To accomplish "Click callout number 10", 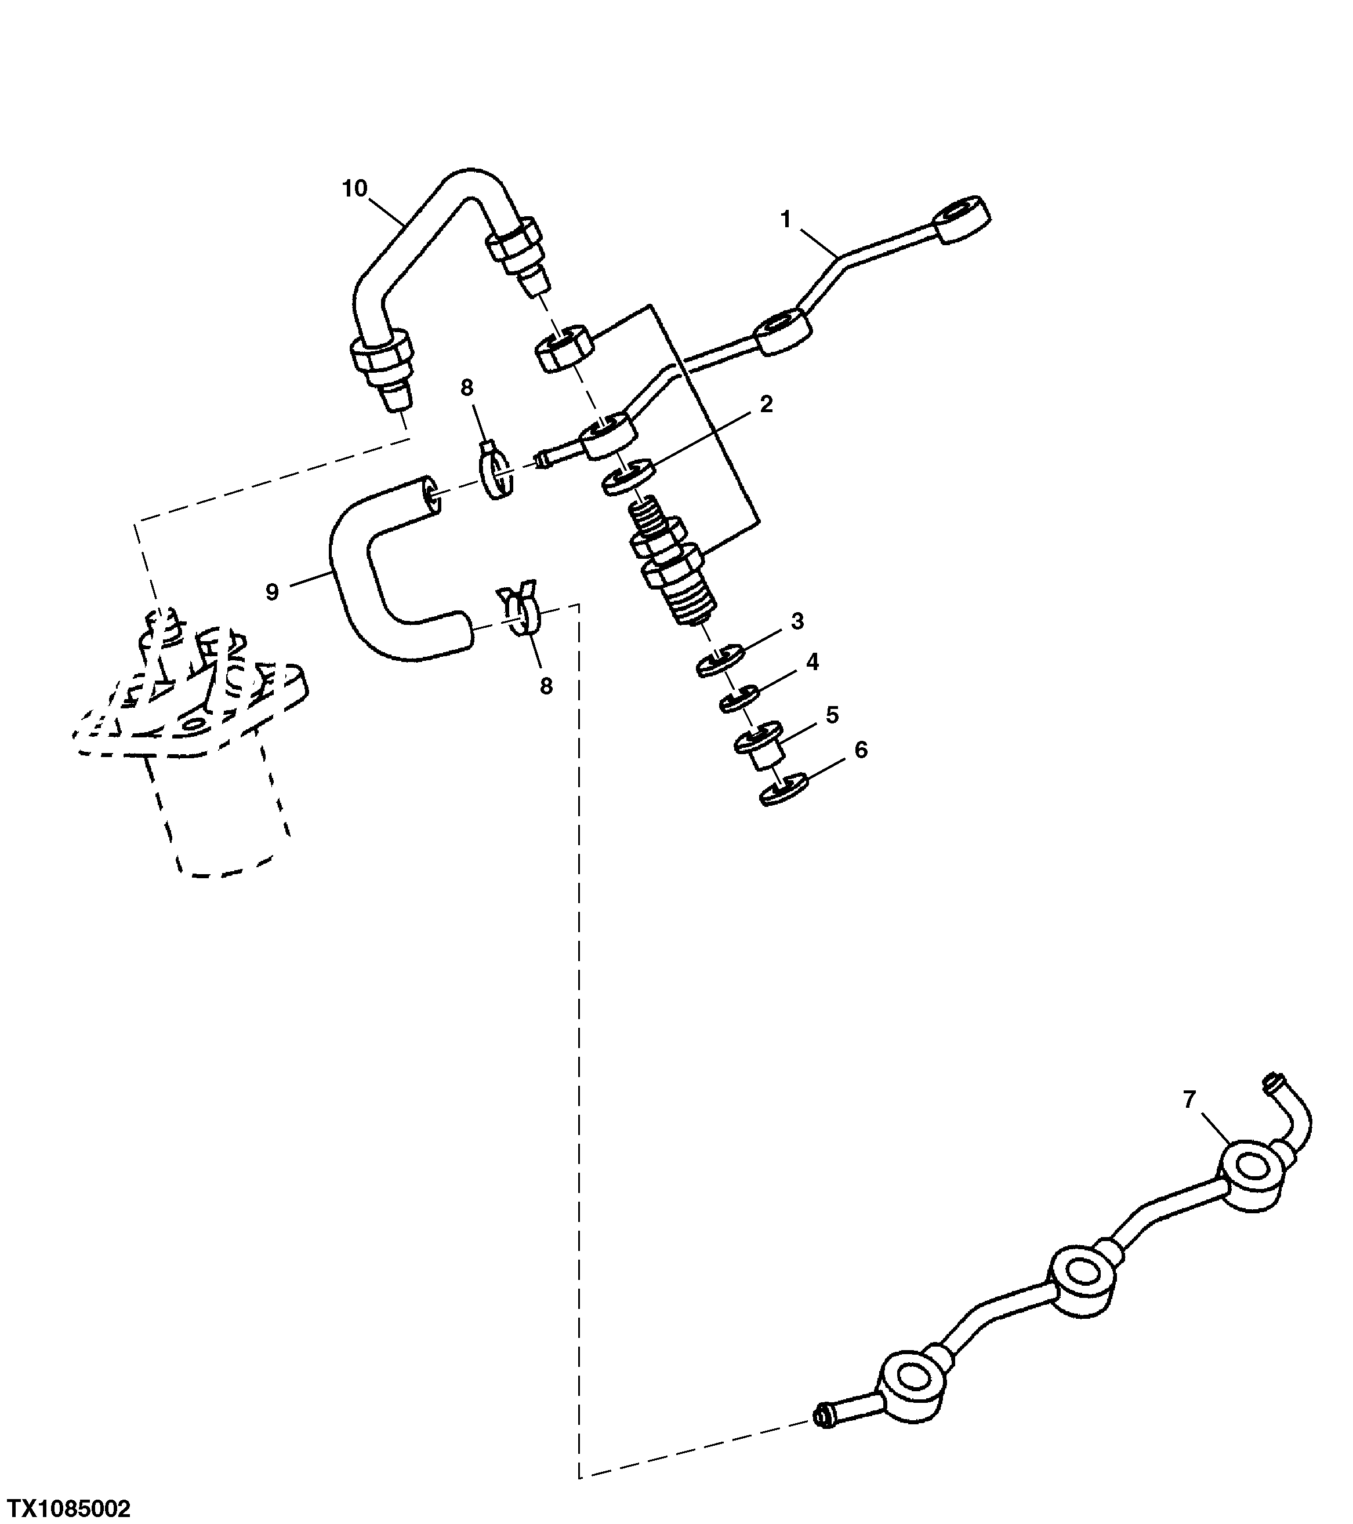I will (x=355, y=188).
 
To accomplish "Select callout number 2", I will (x=766, y=404).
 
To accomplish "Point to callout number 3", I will (x=797, y=621).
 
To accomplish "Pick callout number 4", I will (x=812, y=661).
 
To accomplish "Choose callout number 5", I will (x=832, y=715).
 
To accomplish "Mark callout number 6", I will (x=861, y=750).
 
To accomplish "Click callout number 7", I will (x=1189, y=1099).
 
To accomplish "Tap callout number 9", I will (x=272, y=592).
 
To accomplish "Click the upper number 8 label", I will (x=466, y=387).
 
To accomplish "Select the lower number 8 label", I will (x=546, y=686).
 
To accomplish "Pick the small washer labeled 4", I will (x=739, y=699).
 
